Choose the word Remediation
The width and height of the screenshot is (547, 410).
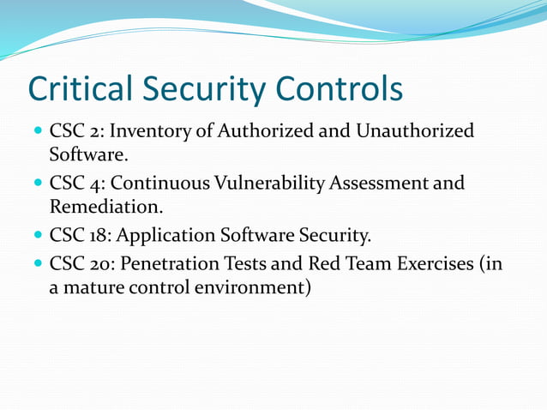point(102,207)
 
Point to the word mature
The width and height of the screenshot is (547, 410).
point(92,287)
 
